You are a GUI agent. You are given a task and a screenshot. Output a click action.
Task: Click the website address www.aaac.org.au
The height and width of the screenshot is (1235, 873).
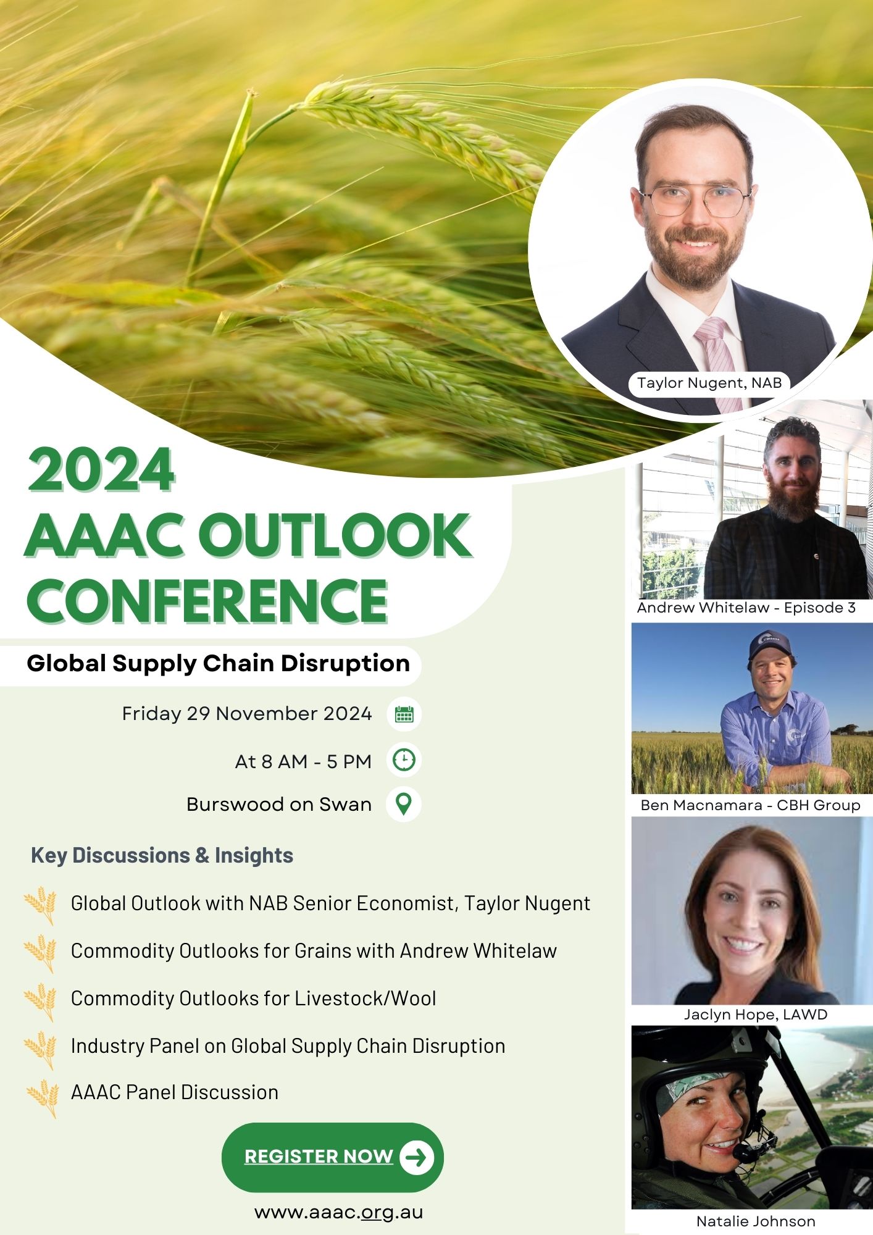pos(338,1212)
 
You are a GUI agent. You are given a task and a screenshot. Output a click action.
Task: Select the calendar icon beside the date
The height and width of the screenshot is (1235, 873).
pos(404,714)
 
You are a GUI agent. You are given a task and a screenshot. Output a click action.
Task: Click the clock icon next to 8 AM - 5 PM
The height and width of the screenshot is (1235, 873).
pos(404,760)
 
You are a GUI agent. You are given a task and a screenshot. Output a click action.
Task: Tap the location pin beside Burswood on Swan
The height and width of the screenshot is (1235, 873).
pos(404,804)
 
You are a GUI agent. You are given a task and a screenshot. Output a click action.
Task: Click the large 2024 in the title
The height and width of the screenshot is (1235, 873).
pos(101,471)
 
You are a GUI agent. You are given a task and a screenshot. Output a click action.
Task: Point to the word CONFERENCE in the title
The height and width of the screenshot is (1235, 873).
pos(207,601)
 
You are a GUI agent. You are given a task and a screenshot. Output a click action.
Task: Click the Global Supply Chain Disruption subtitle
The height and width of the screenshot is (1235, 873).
pos(218,664)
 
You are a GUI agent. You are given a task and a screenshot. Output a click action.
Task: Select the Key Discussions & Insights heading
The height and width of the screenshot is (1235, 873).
pos(162,855)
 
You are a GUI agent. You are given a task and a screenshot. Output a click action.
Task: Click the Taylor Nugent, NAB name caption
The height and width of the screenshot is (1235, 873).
pos(709,383)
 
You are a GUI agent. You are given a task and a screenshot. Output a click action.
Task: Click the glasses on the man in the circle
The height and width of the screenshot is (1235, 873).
pos(695,201)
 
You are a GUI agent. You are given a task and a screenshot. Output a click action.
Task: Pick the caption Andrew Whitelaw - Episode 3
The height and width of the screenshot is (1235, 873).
pos(746,608)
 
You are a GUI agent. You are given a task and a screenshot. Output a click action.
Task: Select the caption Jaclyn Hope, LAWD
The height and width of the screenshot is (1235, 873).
pos(755,1015)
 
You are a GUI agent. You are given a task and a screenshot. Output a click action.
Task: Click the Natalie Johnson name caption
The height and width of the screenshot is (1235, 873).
pos(755,1221)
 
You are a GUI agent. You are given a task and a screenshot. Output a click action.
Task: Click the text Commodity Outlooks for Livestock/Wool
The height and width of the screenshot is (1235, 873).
pos(253,998)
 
